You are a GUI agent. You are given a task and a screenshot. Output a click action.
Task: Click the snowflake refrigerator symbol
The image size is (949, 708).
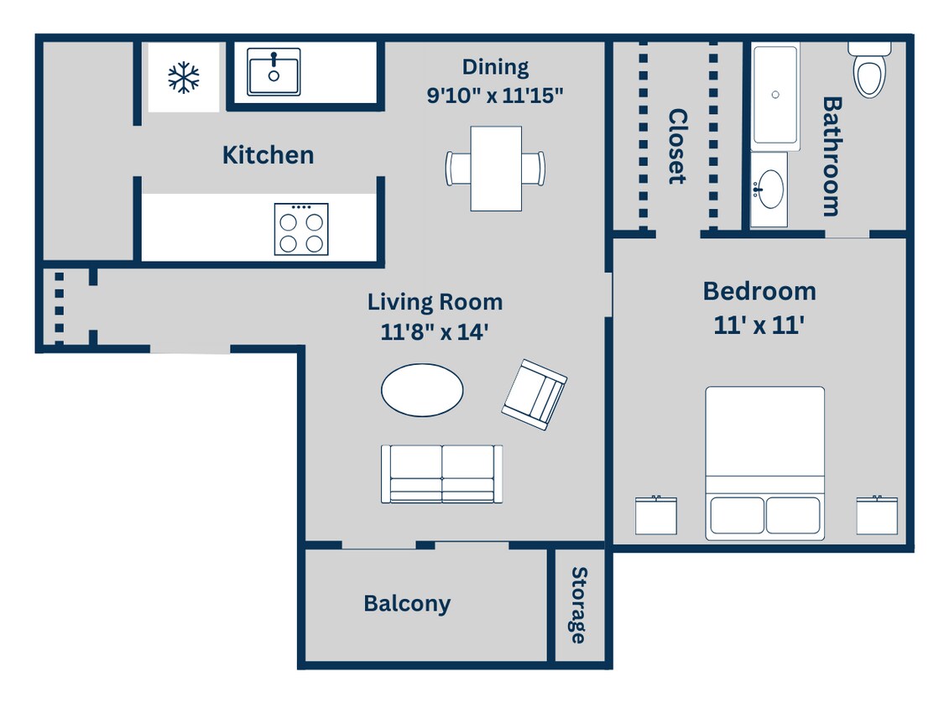pos(183,77)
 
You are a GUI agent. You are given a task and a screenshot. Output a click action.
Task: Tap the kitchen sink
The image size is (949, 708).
pos(274,71)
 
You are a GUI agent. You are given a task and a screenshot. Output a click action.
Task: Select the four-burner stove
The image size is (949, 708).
pos(300,229)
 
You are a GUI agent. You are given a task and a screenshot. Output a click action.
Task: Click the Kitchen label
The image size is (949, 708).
pos(268,155)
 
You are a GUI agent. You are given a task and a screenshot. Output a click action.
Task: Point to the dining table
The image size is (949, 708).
pos(495,168)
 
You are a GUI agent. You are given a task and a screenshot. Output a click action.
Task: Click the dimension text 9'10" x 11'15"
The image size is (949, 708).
pos(494,95)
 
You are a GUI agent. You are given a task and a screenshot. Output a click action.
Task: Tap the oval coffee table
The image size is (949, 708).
pos(422,390)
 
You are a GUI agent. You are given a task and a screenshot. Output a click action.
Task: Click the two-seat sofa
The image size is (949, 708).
pos(442,474)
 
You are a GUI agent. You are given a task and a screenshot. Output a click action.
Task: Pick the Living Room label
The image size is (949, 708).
pos(435,302)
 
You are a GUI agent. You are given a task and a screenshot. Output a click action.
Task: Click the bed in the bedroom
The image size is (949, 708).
pos(764,461)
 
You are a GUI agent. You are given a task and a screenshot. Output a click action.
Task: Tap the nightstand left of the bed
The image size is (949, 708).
pos(655,515)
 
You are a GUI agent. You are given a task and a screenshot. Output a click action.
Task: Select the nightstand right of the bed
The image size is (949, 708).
pos(877,515)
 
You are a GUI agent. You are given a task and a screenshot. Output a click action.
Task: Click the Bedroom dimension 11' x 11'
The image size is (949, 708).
pos(759,325)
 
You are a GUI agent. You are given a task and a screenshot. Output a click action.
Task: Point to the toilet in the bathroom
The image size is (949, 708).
pos(869,70)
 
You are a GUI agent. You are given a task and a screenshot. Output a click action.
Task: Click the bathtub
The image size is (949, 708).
pos(774,95)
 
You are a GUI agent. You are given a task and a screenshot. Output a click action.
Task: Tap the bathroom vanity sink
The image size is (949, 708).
pos(769,189)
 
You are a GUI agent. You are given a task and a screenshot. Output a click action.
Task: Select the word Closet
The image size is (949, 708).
pos(677,146)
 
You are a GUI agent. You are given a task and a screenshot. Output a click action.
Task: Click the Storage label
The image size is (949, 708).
pos(578,605)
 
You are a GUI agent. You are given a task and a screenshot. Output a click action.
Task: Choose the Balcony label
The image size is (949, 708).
pos(407,604)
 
